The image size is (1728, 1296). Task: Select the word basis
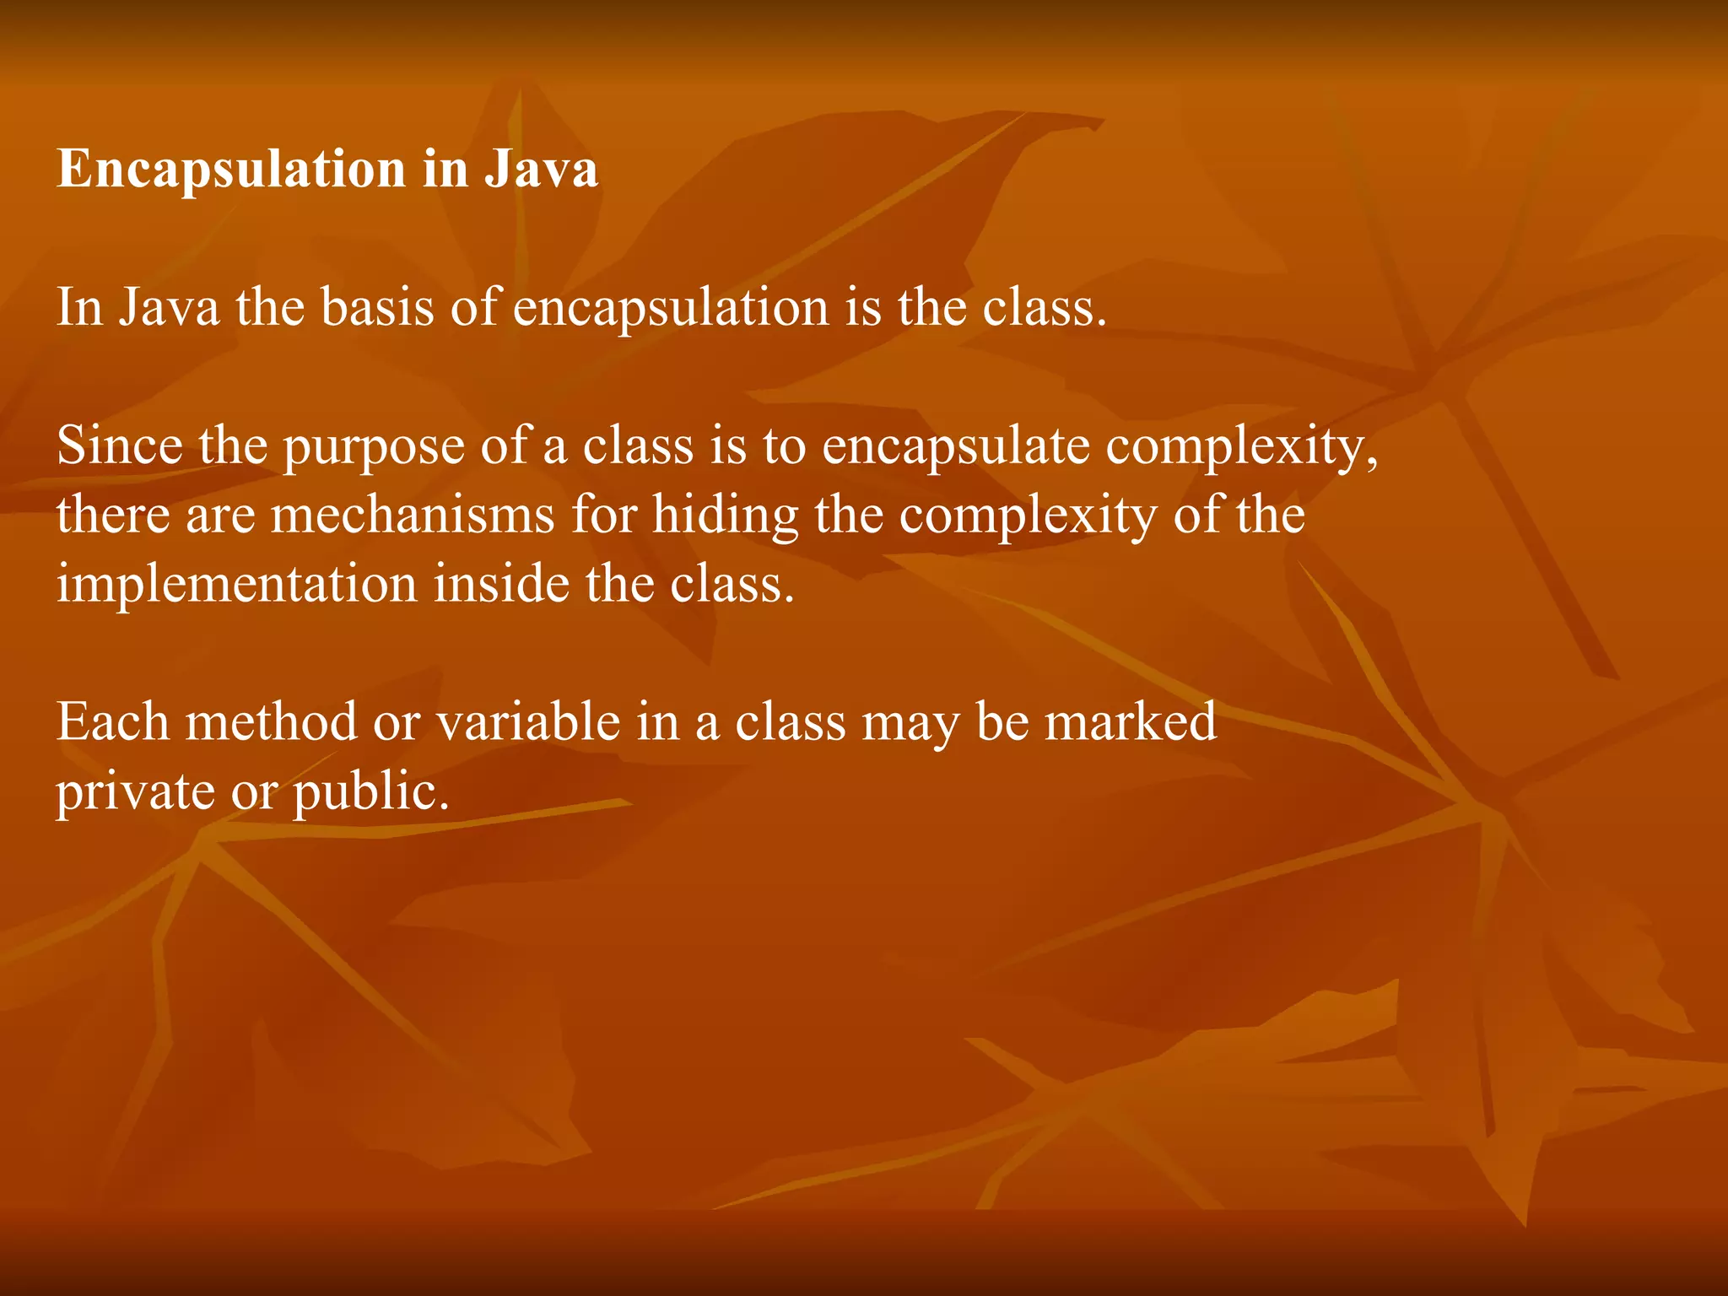tap(377, 306)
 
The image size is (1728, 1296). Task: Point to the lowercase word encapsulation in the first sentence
tap(672, 308)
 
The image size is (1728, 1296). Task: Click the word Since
tap(119, 445)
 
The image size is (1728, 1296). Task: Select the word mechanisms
tap(413, 515)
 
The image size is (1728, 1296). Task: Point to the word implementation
tap(236, 585)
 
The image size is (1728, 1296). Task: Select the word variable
tap(527, 722)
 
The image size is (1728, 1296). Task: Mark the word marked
tap(1131, 722)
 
